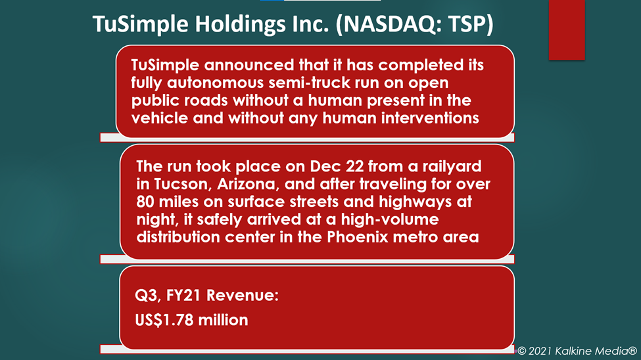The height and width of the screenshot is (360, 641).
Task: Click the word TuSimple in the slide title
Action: pos(140,24)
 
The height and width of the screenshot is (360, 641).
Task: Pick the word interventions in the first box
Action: pos(430,118)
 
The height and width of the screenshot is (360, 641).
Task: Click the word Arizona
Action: pos(248,185)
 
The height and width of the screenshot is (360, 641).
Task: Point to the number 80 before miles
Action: pos(145,202)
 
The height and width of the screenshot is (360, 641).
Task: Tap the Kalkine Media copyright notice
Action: pos(577,351)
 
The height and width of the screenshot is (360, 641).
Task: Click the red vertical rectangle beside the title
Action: pos(567,30)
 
